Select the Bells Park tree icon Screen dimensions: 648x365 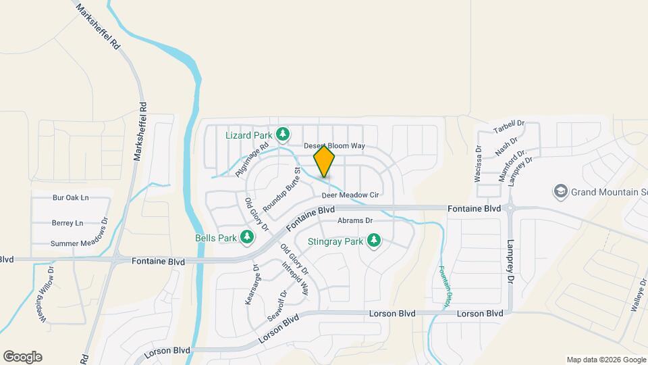248,237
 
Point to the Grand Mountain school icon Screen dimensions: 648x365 560,191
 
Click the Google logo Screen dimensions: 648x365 22,357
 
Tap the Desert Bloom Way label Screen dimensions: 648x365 334,145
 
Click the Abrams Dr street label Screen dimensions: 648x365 355,220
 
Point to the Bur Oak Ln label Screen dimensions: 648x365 70,198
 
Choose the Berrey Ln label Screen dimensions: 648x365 67,223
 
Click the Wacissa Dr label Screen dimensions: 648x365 478,164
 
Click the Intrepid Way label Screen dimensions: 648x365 296,280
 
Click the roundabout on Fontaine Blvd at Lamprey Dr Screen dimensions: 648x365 510,209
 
